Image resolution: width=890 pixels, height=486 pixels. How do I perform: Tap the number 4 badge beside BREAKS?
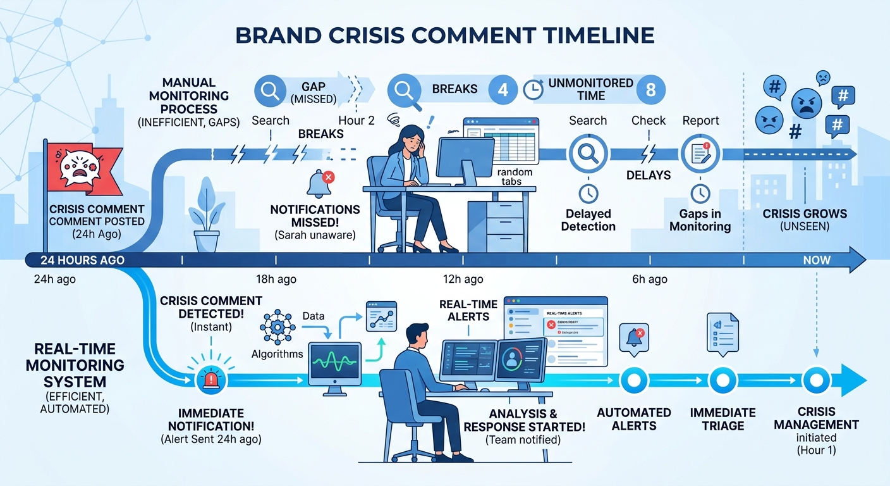pos(503,90)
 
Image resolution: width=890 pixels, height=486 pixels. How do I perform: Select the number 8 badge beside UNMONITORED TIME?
pos(650,90)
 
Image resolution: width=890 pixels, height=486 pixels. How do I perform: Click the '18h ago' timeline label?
pos(276,279)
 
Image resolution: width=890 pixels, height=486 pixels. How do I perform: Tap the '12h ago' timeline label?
pos(463,279)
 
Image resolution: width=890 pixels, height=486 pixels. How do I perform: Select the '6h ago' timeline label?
pos(649,279)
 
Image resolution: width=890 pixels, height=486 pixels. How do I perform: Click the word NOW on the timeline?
pos(817,260)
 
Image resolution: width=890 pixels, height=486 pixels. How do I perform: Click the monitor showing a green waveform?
pos(334,363)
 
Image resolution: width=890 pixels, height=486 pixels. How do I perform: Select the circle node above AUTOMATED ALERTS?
pos(631,380)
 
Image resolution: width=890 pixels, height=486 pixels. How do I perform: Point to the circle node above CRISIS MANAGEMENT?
pos(816,380)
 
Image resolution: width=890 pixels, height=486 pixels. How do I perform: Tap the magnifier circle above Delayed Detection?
pos(588,154)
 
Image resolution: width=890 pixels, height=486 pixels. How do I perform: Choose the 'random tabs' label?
pos(515,177)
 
